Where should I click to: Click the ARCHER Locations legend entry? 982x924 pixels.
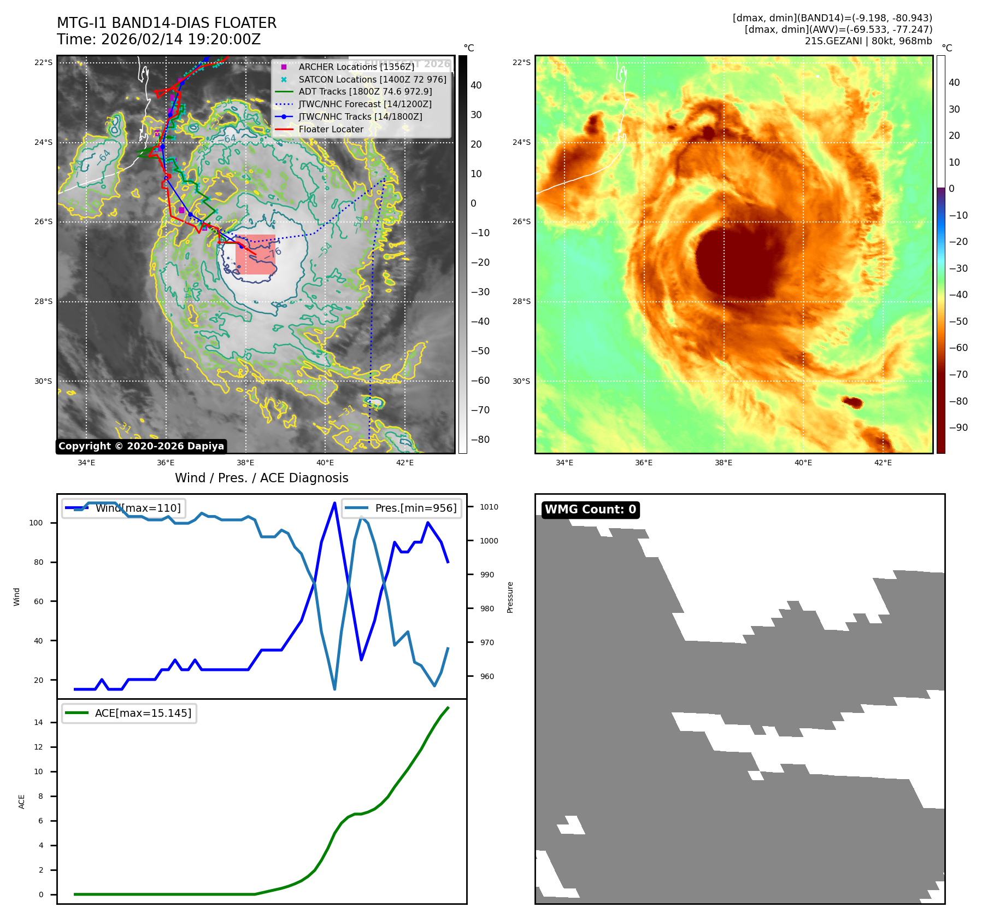point(356,67)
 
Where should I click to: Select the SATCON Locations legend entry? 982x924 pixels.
point(372,79)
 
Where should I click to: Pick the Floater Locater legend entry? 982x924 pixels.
point(331,129)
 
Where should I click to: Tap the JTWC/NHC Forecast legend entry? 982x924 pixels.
point(365,104)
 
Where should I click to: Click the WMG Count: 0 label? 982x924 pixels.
point(590,510)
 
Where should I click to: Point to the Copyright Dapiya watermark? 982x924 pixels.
point(141,446)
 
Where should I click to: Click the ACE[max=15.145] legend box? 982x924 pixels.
point(130,713)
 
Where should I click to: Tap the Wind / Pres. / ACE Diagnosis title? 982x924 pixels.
point(261,478)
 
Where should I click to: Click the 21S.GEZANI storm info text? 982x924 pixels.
point(868,41)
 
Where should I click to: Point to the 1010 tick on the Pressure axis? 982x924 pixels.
point(489,507)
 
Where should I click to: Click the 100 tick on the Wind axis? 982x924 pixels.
point(36,523)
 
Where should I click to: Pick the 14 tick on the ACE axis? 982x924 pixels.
point(38,722)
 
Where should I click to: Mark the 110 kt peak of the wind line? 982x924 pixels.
point(334,502)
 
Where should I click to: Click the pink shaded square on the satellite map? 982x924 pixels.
point(256,254)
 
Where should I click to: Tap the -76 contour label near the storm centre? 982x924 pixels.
point(273,253)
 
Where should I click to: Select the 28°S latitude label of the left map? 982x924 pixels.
point(44,301)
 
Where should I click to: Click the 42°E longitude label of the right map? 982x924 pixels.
point(883,463)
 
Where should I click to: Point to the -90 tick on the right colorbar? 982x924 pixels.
point(959,428)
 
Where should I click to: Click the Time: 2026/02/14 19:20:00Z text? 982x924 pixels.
point(159,39)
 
